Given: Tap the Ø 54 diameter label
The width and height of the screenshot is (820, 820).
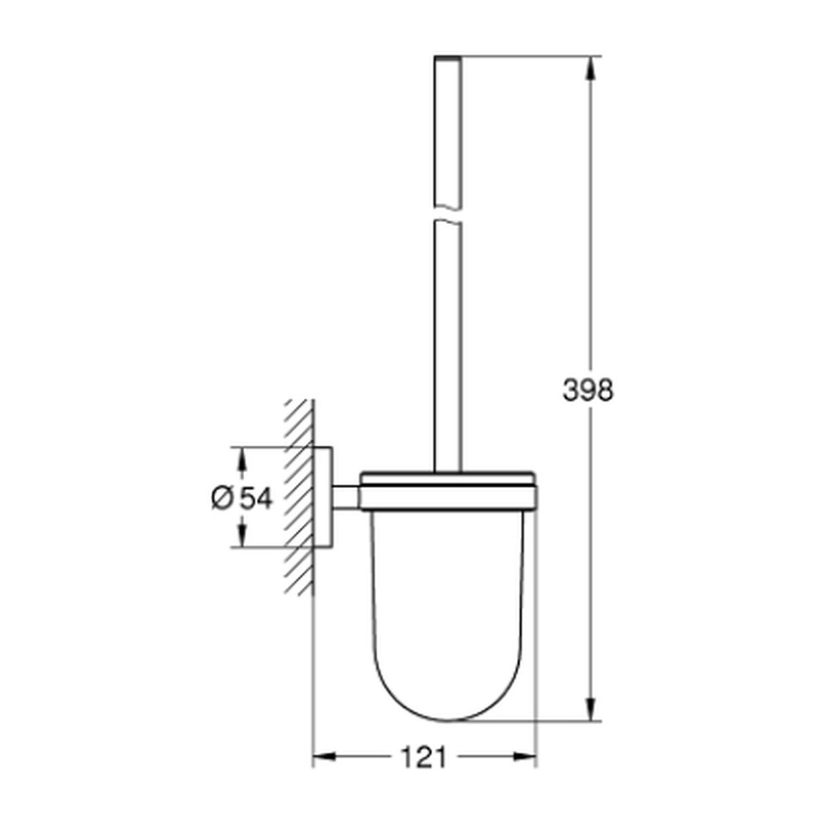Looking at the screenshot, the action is pyautogui.click(x=242, y=498).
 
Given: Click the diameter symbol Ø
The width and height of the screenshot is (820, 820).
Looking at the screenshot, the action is pyautogui.click(x=221, y=498).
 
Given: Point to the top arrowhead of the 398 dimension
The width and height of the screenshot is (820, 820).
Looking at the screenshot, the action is pyautogui.click(x=590, y=68).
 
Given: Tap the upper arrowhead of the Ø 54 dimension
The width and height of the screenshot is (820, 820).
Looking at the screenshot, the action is pyautogui.click(x=242, y=460).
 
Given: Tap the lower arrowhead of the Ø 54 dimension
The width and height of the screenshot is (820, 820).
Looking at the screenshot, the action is pyautogui.click(x=242, y=535).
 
